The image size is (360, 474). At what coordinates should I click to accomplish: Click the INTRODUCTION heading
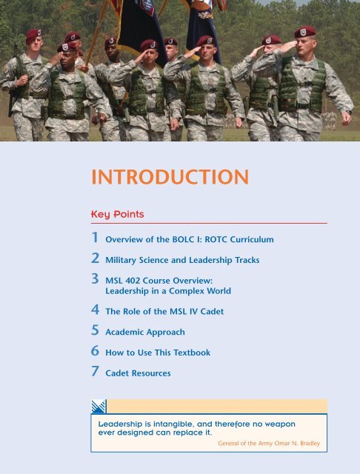coord(170,178)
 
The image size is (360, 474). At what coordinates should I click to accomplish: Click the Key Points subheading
coord(117,214)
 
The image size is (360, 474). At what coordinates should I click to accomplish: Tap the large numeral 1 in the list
coord(94,238)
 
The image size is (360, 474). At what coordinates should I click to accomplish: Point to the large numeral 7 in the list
coord(94,372)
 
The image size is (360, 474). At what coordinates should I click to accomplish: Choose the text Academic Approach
coord(145,333)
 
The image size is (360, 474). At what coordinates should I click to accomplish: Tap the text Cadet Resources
coord(138,374)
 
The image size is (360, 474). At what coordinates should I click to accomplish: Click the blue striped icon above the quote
coord(99,406)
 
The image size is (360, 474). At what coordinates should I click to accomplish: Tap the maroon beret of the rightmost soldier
coord(304,32)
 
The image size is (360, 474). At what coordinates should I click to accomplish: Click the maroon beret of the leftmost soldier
coord(33,34)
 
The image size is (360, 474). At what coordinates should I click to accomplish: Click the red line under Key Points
coord(208,223)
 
